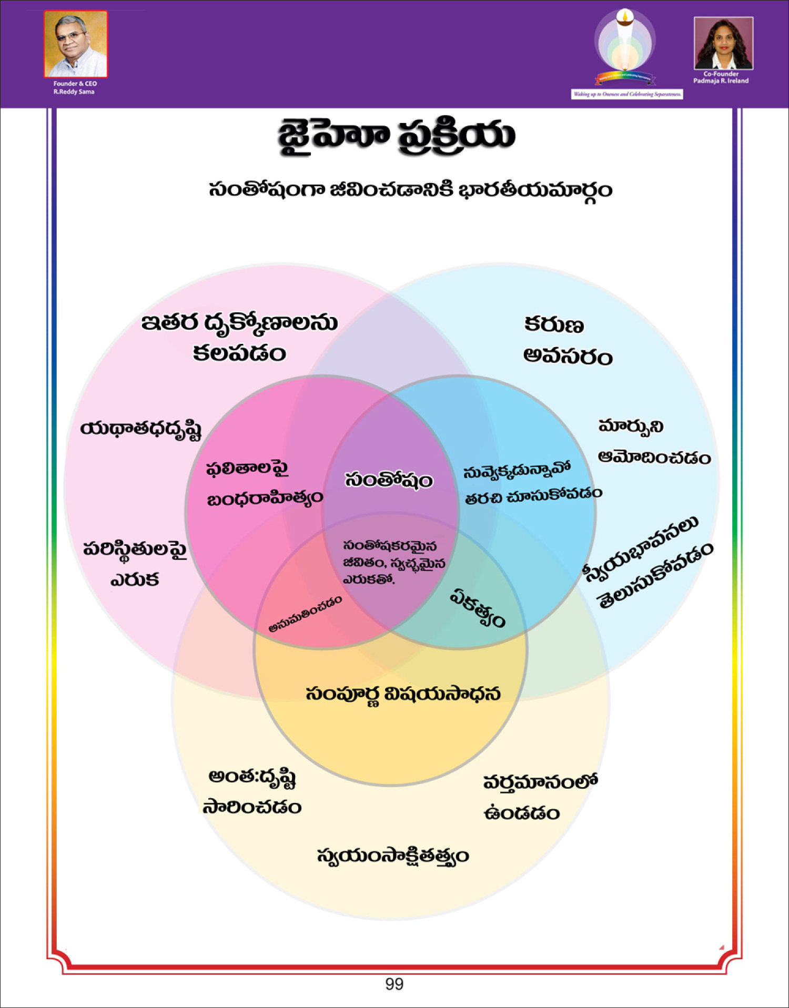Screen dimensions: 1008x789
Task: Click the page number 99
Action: click(394, 984)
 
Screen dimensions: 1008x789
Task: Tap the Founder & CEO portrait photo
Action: click(76, 44)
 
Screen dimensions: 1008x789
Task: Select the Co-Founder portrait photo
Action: click(723, 43)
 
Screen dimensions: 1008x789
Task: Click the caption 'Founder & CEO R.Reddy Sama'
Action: click(74, 87)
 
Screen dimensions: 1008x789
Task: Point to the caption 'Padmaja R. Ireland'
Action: click(721, 81)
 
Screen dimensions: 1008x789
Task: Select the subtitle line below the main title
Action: click(410, 189)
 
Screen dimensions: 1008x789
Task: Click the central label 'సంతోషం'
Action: click(389, 480)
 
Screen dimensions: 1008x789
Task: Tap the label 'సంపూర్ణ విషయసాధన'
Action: click(403, 694)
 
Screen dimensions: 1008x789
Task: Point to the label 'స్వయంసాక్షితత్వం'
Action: click(393, 856)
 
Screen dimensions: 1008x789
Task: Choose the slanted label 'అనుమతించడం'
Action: click(305, 614)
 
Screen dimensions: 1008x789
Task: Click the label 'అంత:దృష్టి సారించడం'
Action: click(252, 792)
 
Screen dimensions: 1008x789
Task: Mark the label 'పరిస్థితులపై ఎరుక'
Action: click(135, 564)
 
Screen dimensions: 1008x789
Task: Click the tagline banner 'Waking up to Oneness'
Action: click(627, 94)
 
